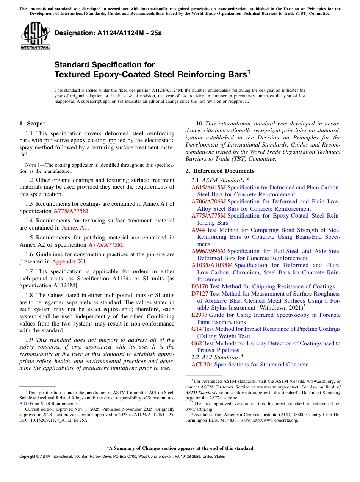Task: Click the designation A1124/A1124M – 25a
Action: (108, 33)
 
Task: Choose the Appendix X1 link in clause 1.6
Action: (69, 261)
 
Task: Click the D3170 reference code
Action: (200, 286)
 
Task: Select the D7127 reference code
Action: (200, 294)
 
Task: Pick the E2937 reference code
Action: (199, 315)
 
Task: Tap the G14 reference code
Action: (197, 329)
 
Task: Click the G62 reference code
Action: (197, 343)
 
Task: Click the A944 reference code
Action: (198, 230)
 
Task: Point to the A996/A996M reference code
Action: (208, 251)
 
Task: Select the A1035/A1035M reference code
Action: (212, 265)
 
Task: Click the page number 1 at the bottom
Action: (180, 466)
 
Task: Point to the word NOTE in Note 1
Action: (30, 165)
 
